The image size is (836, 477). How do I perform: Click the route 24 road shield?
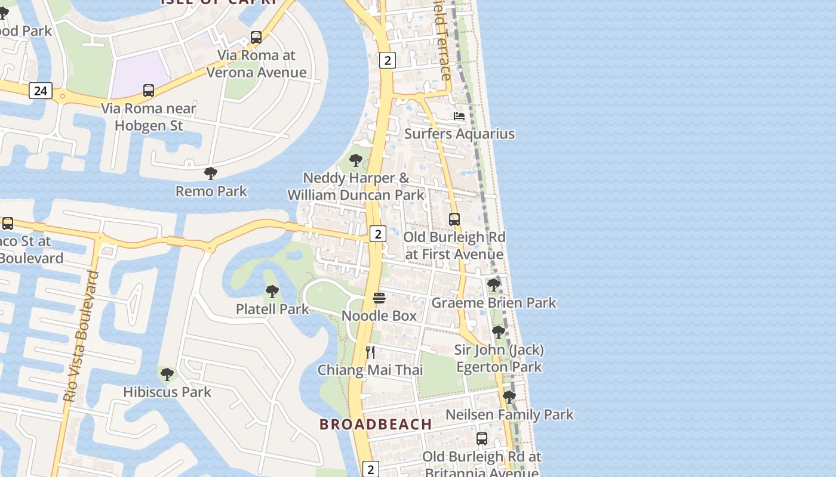40,91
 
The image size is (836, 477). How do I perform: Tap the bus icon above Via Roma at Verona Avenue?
256,38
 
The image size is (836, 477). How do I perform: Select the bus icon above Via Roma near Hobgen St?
149,91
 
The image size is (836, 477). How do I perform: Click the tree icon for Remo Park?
210,174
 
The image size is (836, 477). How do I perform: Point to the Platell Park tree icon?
272,292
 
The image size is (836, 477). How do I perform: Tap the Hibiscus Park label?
167,392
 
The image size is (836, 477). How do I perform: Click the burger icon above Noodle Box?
379,298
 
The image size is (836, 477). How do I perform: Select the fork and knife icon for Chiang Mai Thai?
370,352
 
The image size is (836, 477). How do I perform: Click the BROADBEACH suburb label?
376,424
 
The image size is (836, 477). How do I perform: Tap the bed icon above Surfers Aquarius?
459,116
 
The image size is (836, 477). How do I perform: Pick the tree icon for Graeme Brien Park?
493,285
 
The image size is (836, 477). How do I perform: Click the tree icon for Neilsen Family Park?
509,397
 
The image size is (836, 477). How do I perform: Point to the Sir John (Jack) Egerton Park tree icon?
499,332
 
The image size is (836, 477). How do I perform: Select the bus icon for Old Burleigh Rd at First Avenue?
454,219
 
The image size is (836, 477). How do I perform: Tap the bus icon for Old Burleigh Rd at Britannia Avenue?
482,439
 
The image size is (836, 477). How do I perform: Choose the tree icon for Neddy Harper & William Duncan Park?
356,160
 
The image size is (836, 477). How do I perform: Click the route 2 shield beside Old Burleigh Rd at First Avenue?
377,234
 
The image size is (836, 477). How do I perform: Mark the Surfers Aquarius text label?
459,134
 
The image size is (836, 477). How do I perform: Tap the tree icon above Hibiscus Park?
167,374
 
